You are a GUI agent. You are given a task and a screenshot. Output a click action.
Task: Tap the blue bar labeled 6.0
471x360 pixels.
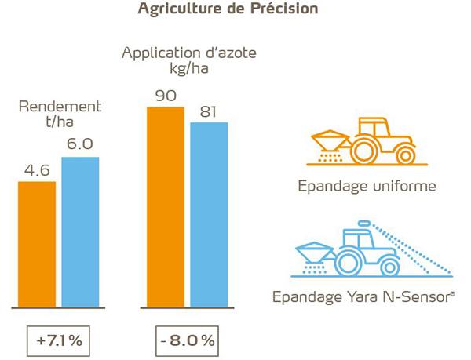click(x=81, y=231)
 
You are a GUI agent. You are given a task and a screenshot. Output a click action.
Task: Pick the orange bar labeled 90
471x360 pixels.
click(x=165, y=206)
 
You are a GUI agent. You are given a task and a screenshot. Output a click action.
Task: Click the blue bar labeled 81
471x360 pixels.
click(x=209, y=213)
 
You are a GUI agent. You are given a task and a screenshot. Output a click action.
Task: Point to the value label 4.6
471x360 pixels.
click(x=37, y=169)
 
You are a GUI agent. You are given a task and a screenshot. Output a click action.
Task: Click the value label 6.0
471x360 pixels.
click(x=80, y=145)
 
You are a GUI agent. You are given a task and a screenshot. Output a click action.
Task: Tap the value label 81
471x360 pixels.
click(x=208, y=111)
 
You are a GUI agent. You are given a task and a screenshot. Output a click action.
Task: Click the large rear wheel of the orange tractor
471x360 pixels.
click(x=366, y=150)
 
